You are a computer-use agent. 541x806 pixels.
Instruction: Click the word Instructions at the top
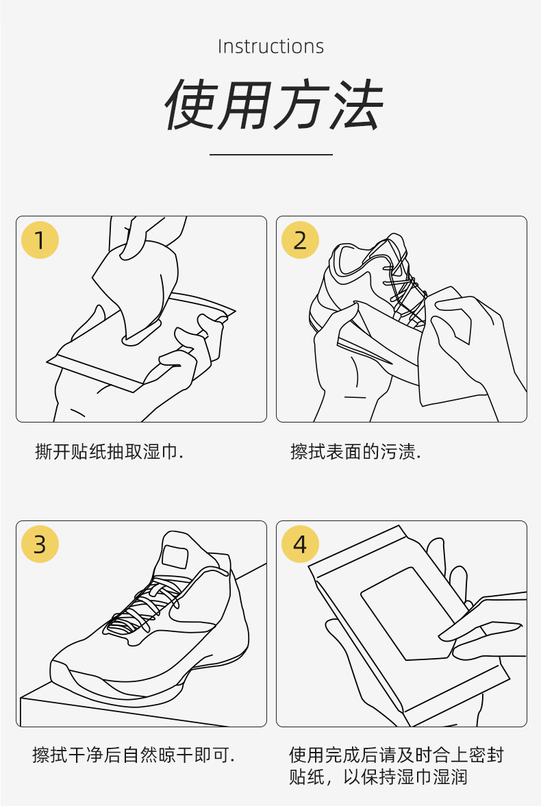coord(270,47)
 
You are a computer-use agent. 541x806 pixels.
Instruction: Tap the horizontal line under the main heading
coord(271,153)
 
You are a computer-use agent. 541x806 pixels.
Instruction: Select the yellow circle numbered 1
coord(40,240)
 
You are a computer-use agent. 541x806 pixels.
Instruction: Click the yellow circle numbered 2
coord(301,240)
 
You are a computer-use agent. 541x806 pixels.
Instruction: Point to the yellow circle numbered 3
coord(40,544)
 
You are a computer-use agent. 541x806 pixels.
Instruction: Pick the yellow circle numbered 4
coord(301,544)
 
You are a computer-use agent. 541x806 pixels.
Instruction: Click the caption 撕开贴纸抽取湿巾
coord(109,451)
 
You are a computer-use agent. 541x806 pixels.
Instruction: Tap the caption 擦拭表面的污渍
coord(355,451)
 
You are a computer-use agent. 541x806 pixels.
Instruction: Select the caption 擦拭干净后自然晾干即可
coord(134,755)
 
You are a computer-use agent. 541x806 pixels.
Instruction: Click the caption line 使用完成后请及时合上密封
coord(396,755)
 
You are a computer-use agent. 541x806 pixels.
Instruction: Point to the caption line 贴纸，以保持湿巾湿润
coord(378,776)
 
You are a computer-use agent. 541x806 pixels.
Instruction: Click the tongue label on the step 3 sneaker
coord(175,557)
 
